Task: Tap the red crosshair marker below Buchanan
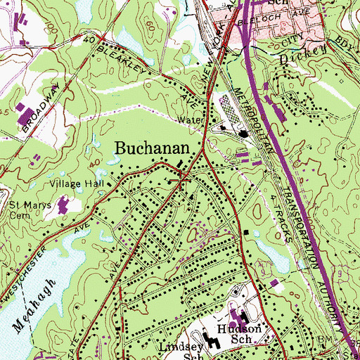pyautogui.click(x=181, y=181)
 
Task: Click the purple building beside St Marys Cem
pyautogui.click(x=65, y=206)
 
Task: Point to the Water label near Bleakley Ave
pyautogui.click(x=189, y=120)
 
